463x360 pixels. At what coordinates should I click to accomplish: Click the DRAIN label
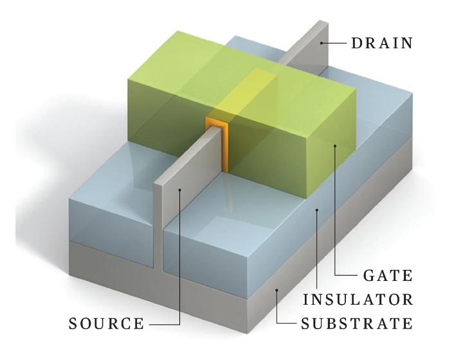[382, 44]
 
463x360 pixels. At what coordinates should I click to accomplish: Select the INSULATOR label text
[358, 300]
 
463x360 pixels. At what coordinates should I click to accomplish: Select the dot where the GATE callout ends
[334, 147]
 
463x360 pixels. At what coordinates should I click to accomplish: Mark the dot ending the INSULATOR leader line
[316, 210]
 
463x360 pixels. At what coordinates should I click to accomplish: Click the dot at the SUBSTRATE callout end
[277, 291]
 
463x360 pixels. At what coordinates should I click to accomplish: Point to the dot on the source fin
[181, 189]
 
